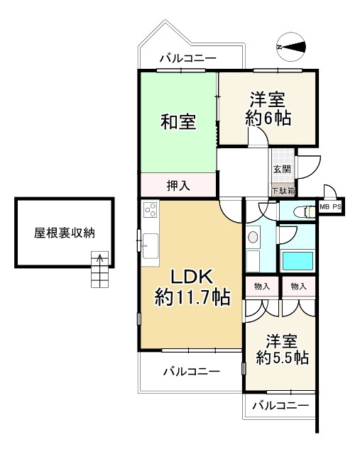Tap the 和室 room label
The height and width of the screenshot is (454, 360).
click(178, 122)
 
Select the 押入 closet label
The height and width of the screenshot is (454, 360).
click(178, 185)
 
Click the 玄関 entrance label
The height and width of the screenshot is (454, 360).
click(282, 169)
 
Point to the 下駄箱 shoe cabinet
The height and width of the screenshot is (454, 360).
click(283, 191)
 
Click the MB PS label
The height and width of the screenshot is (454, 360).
click(330, 207)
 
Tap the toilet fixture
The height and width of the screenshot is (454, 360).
click(304, 212)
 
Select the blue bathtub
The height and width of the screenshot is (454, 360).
click(298, 261)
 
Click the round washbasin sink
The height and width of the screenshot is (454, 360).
click(253, 237)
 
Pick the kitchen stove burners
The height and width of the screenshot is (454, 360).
click(151, 210)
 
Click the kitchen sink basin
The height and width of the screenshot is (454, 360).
click(150, 246)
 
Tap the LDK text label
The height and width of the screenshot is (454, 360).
click(192, 277)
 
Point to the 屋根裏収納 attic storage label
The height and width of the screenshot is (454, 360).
click(65, 233)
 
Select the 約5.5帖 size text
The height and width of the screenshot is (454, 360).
click(283, 358)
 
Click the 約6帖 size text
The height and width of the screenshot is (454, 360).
click(268, 118)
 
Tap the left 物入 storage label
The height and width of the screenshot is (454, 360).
click(262, 287)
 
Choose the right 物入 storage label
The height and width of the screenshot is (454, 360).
click(298, 287)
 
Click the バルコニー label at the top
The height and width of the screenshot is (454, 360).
click(188, 58)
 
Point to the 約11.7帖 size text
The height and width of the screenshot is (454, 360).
click(192, 297)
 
